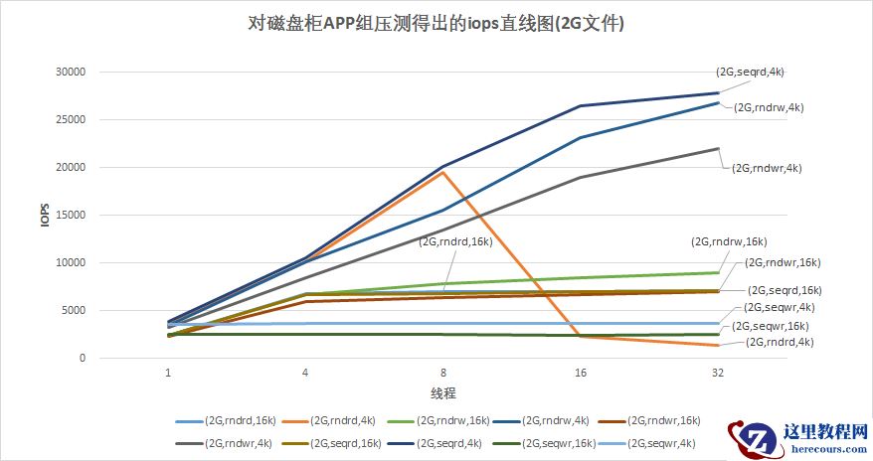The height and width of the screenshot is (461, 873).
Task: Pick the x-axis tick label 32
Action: tap(717, 374)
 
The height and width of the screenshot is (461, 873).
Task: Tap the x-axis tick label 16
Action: tap(580, 374)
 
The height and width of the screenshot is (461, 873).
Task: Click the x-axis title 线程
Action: tap(443, 392)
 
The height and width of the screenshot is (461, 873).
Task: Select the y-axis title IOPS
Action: tap(44, 216)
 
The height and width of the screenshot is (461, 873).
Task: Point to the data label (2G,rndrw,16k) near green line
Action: tap(729, 241)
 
